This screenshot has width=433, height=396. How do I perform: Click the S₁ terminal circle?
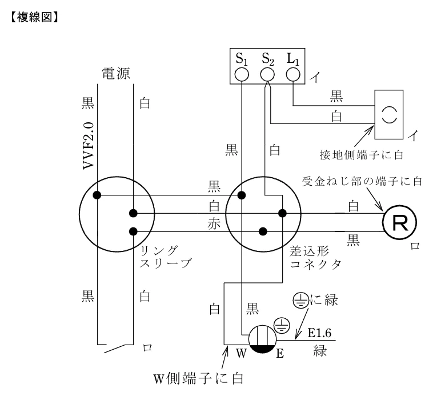click(242, 74)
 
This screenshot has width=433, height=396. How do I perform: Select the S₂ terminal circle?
click(267, 74)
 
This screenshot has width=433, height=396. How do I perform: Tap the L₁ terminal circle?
click(293, 74)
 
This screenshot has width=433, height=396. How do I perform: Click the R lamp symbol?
click(400, 222)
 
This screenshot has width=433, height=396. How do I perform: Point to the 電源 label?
click(116, 74)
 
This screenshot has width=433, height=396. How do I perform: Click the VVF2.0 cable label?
click(89, 146)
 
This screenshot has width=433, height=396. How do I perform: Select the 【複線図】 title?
click(34, 17)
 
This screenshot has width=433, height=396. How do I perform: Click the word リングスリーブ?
click(165, 257)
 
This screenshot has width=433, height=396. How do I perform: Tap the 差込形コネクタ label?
click(315, 258)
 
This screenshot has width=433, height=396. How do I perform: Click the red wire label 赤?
click(214, 223)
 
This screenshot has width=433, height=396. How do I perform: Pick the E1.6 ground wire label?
click(319, 333)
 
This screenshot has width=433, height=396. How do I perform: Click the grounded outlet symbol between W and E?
click(262, 339)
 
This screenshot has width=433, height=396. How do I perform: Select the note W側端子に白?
click(198, 379)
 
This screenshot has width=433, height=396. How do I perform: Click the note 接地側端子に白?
click(362, 155)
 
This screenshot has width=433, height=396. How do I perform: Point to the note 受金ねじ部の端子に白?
click(362, 182)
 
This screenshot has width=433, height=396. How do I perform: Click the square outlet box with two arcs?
click(389, 114)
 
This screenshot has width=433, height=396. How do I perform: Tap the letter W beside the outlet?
click(241, 353)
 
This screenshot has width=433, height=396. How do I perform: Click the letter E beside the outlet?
click(280, 354)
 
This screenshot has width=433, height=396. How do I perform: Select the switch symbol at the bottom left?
click(115, 348)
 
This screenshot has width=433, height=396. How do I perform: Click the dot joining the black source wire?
click(97, 195)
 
